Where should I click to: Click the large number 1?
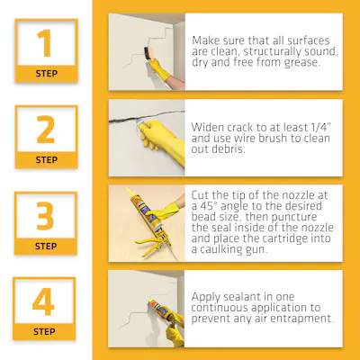(44, 43)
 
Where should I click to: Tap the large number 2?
(46, 130)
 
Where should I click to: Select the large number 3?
(45, 216)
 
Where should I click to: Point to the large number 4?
(43, 301)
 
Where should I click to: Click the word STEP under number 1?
(47, 74)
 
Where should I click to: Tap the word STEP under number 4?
(44, 332)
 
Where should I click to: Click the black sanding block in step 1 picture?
(147, 53)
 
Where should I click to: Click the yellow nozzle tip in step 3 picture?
(130, 193)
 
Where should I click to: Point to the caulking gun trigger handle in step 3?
(150, 243)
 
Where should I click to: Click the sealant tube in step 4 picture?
(160, 309)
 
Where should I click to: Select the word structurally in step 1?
(268, 51)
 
